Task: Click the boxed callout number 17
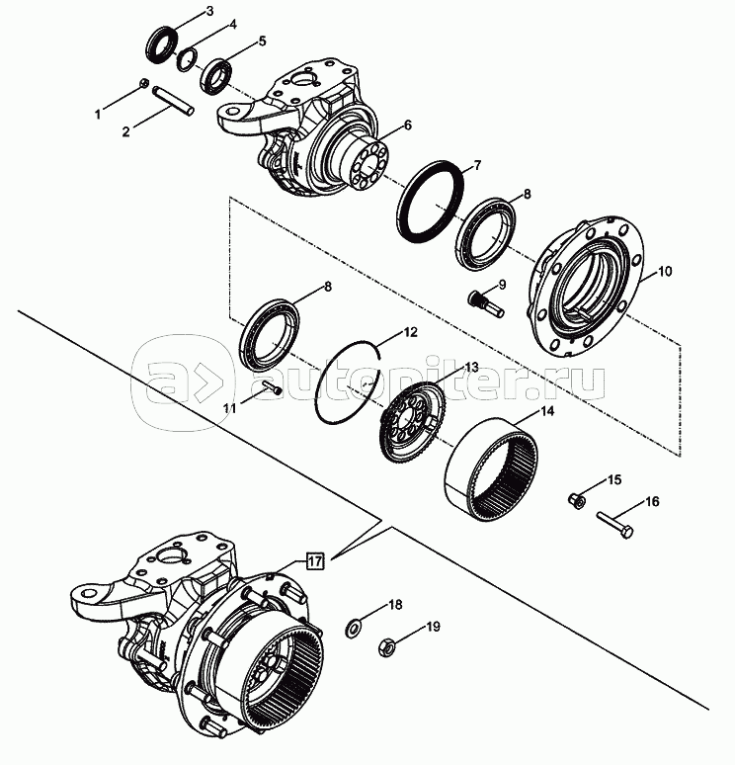click(x=315, y=561)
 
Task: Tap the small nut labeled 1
click(x=143, y=83)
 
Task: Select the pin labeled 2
click(x=174, y=101)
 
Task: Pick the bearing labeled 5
click(x=216, y=76)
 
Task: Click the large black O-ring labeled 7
click(x=430, y=201)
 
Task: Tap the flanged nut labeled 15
click(x=577, y=500)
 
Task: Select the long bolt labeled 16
click(x=614, y=525)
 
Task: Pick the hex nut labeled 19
click(x=387, y=649)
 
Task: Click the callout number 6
click(x=408, y=126)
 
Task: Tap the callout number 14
click(x=546, y=411)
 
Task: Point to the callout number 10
click(x=664, y=271)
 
